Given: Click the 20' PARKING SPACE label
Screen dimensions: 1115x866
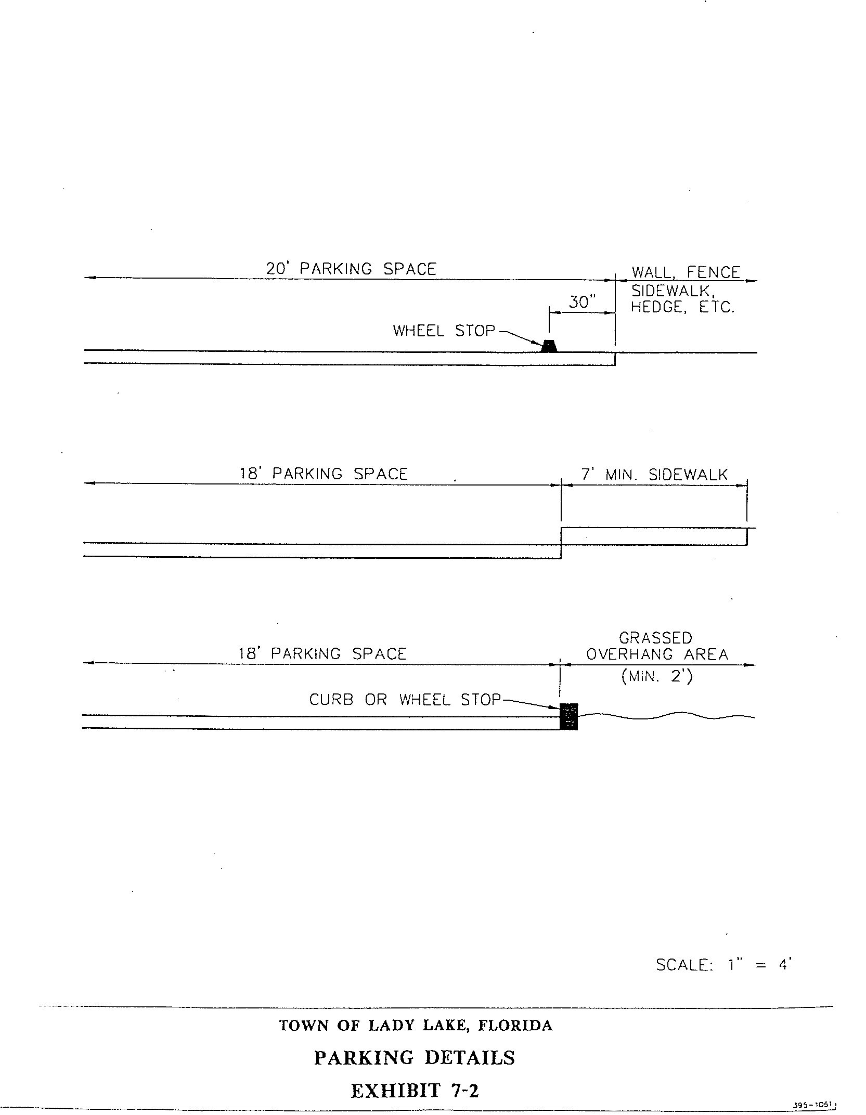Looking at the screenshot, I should (351, 269).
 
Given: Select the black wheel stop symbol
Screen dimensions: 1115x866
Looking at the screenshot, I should (549, 346).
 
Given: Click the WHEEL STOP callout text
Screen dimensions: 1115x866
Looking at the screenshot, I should (444, 331).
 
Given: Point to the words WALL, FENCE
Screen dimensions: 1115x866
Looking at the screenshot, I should (686, 272).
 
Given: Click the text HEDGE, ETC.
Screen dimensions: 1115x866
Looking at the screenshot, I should (682, 307).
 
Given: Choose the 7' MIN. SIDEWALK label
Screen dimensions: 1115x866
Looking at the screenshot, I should (654, 474).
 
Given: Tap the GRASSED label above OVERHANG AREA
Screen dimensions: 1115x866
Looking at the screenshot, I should (655, 638).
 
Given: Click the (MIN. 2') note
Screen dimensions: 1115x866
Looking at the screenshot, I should (656, 677).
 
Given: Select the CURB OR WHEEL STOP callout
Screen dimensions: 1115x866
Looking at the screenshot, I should (405, 700).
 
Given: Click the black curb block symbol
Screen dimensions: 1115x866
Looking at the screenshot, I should (568, 716).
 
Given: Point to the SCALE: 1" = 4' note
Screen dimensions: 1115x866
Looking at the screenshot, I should (723, 965).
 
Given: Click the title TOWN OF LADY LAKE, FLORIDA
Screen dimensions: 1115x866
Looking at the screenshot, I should (416, 1026).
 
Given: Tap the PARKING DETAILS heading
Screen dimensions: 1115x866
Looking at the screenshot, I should (415, 1057).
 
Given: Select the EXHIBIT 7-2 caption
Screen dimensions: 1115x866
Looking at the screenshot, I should (415, 1090).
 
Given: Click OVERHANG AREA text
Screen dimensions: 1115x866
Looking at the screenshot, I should (657, 654).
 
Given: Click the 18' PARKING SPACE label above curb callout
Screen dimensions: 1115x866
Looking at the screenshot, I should (322, 653).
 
